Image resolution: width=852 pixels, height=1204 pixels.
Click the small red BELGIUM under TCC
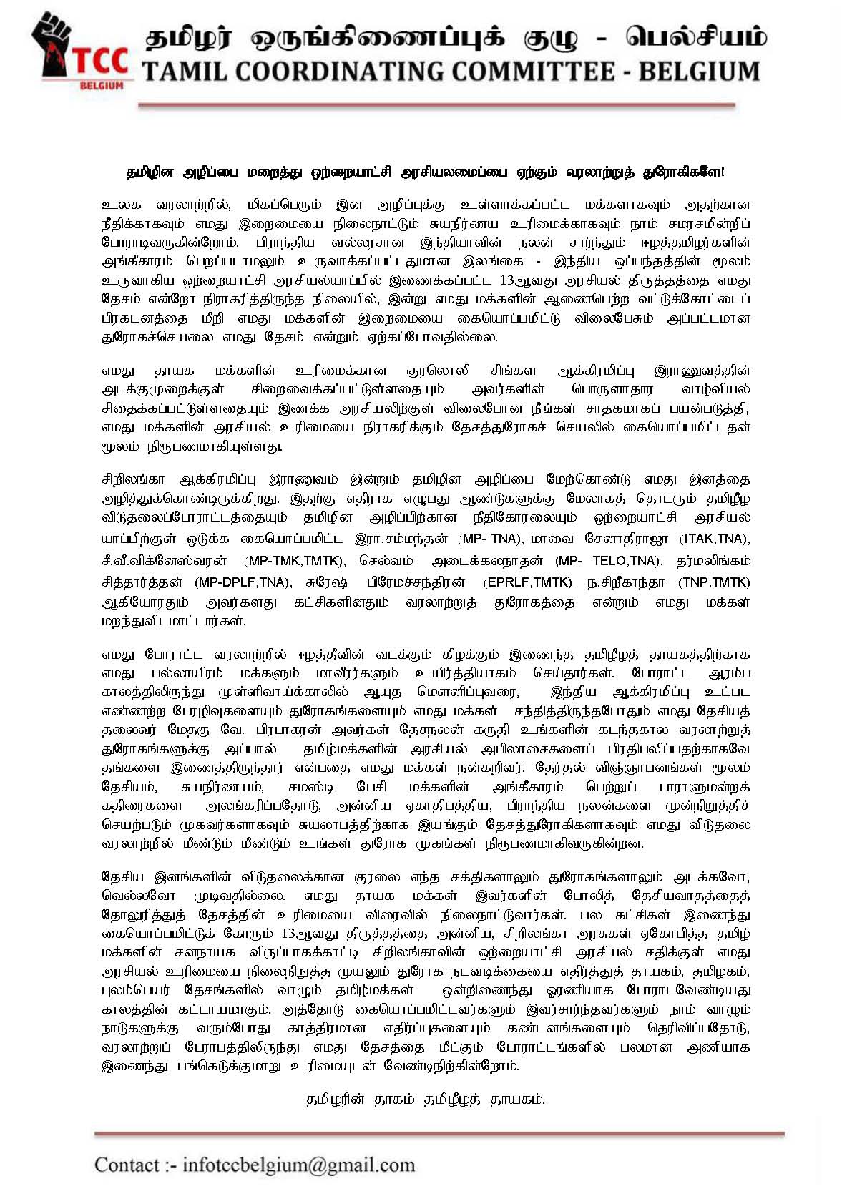pos(102,85)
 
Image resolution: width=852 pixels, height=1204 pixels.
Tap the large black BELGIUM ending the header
pos(698,72)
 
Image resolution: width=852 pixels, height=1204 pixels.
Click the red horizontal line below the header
pos(436,105)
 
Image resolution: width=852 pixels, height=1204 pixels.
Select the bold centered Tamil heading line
pos(425,172)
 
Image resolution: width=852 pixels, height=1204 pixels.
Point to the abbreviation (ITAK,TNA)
pos(715,539)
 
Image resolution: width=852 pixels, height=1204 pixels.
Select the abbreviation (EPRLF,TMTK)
pos(529,582)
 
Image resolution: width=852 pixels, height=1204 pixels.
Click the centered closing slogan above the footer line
pos(425,1100)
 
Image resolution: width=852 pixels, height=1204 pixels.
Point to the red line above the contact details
pos(439,1134)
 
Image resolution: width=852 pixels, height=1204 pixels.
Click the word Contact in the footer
pos(127,1165)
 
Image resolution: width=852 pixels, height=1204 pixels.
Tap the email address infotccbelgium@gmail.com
pos(298,1165)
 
